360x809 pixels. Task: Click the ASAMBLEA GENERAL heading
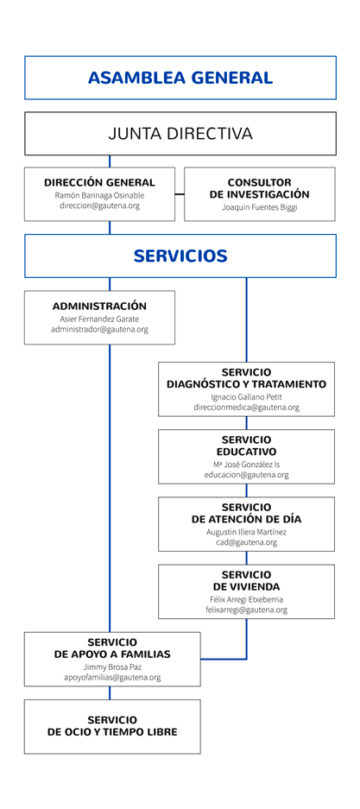coord(180,78)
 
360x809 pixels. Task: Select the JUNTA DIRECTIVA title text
coord(180,134)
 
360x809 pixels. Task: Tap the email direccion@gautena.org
coord(99,205)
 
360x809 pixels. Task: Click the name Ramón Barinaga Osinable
coord(99,195)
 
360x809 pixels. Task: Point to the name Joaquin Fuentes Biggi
coord(260,207)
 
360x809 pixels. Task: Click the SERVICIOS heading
coord(180,256)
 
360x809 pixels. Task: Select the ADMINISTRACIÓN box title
coord(99,306)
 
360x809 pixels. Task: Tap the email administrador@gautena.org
coord(99,329)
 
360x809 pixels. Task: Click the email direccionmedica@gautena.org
coord(247,407)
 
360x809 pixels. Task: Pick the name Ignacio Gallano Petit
coord(247,397)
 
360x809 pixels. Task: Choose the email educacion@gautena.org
coord(247,475)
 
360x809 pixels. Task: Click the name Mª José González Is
coord(247,465)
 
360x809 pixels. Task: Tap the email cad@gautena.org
coord(247,542)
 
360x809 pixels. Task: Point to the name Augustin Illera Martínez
coord(247,532)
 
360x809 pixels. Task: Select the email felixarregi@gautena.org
coord(247,610)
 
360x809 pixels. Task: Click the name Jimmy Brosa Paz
coord(112,667)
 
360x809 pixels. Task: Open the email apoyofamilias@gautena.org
coord(112,677)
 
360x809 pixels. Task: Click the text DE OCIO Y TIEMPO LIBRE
coord(112,732)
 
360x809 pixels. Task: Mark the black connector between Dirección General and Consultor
coord(180,194)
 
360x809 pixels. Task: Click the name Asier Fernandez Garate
coord(99,319)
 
